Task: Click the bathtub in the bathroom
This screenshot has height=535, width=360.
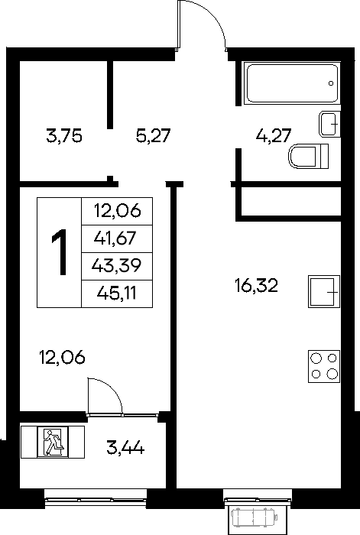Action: coord(293,83)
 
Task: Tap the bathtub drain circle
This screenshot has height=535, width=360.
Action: coord(331,83)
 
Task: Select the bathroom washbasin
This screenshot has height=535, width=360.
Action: coord(330,124)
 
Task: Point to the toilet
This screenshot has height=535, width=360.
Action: coord(309,157)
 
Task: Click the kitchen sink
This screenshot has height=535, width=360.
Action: coord(324,291)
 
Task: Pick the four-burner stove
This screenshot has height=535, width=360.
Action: coord(324,366)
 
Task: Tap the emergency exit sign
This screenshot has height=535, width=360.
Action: coord(53,443)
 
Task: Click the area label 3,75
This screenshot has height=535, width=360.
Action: coord(64,137)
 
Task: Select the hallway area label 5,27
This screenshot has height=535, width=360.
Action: coord(153,136)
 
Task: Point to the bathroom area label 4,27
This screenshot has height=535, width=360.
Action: coord(274,136)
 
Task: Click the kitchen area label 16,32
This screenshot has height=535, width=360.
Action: coord(257,286)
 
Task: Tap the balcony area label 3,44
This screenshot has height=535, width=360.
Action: coord(125,447)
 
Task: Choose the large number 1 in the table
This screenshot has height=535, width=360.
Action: coord(60,251)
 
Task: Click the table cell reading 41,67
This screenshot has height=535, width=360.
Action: coord(117,238)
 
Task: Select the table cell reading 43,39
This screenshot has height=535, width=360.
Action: coord(117,266)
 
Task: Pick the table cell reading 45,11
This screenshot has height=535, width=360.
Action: coord(117,293)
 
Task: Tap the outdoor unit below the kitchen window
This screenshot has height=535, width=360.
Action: coord(254,517)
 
